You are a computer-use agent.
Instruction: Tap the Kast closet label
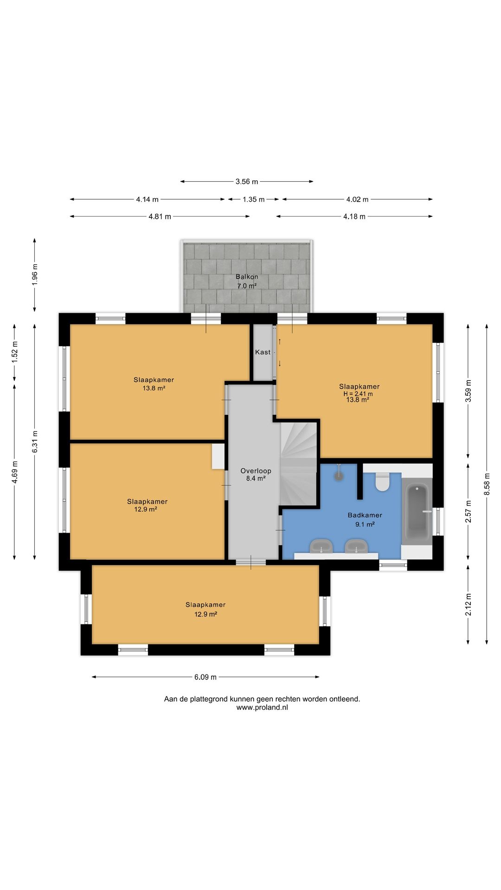pos(263,352)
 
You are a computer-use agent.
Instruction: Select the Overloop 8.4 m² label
pos(256,475)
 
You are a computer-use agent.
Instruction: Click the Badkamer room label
pos(365,515)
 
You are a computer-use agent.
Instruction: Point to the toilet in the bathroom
pos(382,482)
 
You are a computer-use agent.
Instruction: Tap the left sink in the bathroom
pos(321,546)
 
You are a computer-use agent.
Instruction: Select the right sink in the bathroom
pos(356,546)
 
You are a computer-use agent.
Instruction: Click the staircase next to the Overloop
pos(298,464)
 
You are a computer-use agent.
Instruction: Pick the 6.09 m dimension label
pos(206,677)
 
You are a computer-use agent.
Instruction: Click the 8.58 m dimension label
pos(487,484)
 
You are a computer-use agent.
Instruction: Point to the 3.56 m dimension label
pos(247,182)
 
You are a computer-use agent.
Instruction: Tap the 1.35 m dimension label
pos(254,199)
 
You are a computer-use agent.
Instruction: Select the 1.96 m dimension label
pos(35,274)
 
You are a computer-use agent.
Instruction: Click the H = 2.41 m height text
pos(358,394)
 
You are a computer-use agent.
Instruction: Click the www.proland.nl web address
pos(262,707)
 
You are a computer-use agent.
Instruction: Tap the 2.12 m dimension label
pos(468,604)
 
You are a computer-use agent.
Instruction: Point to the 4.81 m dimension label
pos(160,216)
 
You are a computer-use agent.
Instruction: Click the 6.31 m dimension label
pos(35,442)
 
